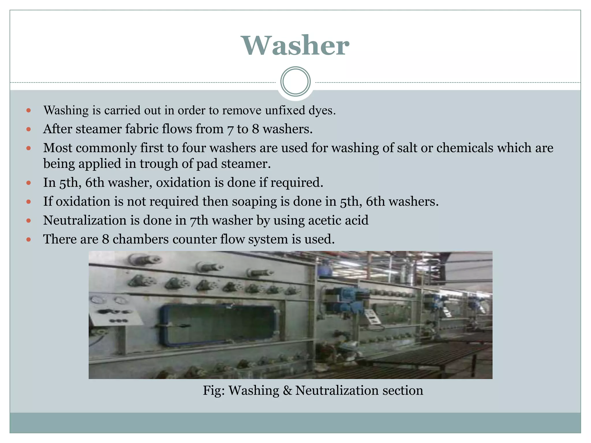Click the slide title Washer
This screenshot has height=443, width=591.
295,46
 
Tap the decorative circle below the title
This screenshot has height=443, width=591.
295,82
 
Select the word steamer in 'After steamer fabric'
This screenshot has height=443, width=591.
98,129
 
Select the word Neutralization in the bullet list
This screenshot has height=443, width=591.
85,220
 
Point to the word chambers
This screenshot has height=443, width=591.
141,239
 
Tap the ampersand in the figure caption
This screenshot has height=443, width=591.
287,391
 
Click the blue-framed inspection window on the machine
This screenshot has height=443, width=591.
218,325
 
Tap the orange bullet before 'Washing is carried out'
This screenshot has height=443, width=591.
28,110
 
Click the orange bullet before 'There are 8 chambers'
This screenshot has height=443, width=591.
28,239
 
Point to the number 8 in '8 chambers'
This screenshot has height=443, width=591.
105,239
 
